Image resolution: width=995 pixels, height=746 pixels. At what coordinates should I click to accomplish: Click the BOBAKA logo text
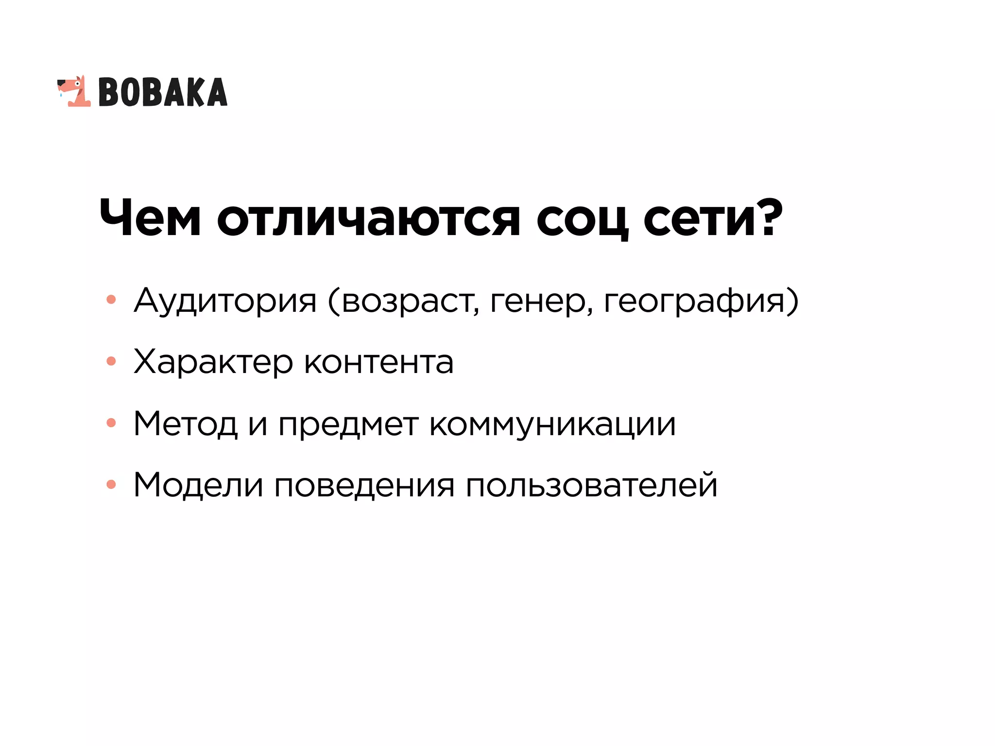coord(163,92)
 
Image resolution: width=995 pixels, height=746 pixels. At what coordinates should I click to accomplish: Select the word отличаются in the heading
coord(368,219)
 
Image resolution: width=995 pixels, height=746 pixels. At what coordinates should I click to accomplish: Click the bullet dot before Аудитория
coord(111,300)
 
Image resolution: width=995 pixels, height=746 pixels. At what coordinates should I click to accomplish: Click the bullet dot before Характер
coord(111,361)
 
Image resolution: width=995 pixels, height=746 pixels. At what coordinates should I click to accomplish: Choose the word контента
coord(378,362)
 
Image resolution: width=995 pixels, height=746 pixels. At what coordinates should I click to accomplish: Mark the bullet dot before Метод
coord(111,423)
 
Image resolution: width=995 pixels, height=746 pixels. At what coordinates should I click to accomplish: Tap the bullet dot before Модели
coord(111,484)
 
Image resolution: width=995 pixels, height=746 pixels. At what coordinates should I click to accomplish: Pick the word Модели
coord(198,485)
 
